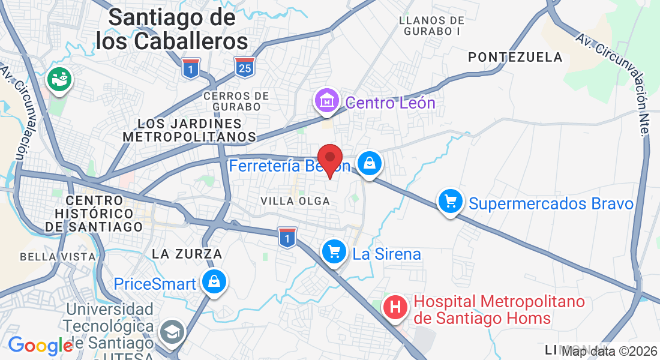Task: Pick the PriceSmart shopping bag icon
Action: pos(213,281)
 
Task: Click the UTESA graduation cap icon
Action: pos(172,331)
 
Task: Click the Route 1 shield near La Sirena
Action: pos(287,237)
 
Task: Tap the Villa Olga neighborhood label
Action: pos(295,201)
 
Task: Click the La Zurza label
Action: pos(187,254)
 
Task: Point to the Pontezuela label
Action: pos(515,57)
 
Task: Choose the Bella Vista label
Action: pos(58,257)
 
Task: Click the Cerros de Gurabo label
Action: pos(236,101)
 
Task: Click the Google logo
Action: pos(40,346)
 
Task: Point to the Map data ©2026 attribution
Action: pos(609,351)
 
